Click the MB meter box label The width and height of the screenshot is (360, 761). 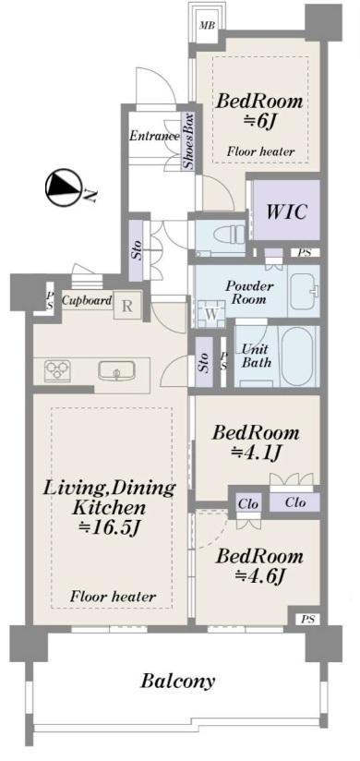pyautogui.click(x=208, y=26)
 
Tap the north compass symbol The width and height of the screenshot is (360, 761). pyautogui.click(x=63, y=187)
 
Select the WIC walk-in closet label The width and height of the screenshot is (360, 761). pyautogui.click(x=286, y=211)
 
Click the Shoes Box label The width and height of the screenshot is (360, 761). pyautogui.click(x=188, y=141)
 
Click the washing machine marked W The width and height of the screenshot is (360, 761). pyautogui.click(x=211, y=314)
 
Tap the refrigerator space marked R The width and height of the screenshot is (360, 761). pyautogui.click(x=126, y=307)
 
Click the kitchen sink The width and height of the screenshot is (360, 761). pyautogui.click(x=116, y=371)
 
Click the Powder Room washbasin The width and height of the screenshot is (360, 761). pyautogui.click(x=303, y=291)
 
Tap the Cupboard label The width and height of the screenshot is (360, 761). pyautogui.click(x=87, y=300)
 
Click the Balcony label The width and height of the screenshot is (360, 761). pyautogui.click(x=177, y=681)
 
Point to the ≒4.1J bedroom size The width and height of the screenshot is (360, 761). pyautogui.click(x=257, y=453)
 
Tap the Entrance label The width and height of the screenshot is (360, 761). pyautogui.click(x=155, y=136)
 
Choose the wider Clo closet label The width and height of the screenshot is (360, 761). pyautogui.click(x=295, y=502)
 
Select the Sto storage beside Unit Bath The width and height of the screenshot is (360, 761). pyautogui.click(x=203, y=362)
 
